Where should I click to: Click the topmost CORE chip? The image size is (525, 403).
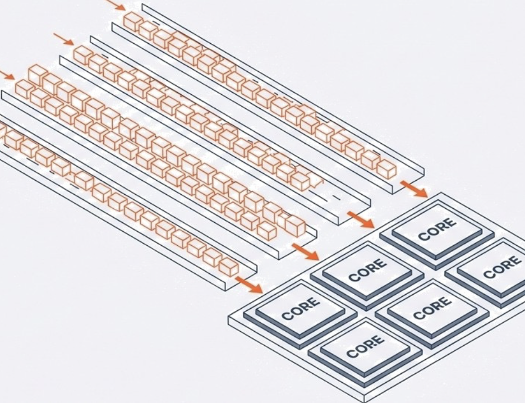[x=437, y=230]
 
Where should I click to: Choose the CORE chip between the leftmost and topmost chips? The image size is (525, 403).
[x=367, y=270]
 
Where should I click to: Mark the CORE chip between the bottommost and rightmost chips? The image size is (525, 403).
[x=432, y=308]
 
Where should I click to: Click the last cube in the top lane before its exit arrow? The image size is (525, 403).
[x=386, y=170]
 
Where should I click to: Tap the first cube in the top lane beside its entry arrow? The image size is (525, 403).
[x=133, y=22]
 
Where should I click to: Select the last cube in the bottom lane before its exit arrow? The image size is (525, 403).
[x=229, y=267]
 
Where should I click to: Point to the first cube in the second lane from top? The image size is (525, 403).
[x=83, y=55]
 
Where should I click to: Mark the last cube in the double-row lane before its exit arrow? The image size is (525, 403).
[x=295, y=226]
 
